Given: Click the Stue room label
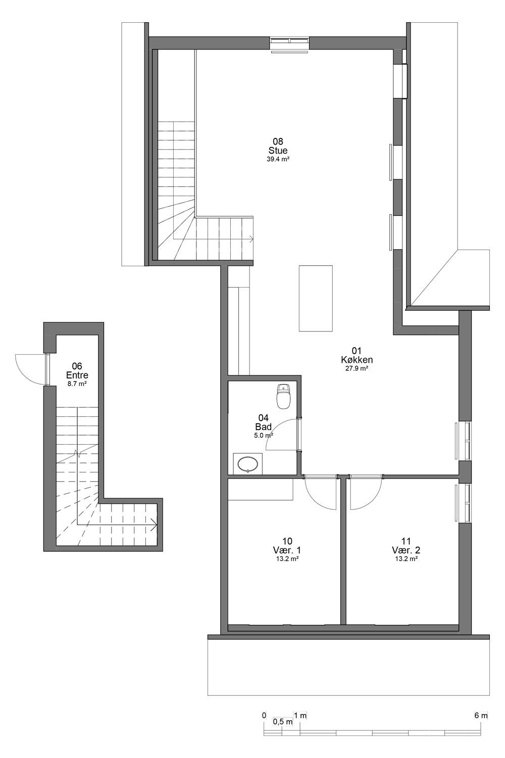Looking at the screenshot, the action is tap(278, 150).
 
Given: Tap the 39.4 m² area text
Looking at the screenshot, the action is tap(278, 159).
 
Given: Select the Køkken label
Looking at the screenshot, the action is tap(357, 359).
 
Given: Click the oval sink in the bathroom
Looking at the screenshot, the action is tap(248, 464).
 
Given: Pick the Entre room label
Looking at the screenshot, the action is tap(77, 375).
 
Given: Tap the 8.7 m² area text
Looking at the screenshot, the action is tap(77, 384).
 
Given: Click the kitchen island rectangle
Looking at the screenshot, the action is tap(316, 298).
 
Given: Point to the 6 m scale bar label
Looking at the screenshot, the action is tap(481, 716).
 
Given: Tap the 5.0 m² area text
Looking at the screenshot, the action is tap(264, 436).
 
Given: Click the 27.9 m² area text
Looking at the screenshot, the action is tap(357, 368).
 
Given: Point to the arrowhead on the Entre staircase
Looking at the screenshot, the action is tap(154, 525).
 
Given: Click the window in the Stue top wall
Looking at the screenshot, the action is tap(289, 41).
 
